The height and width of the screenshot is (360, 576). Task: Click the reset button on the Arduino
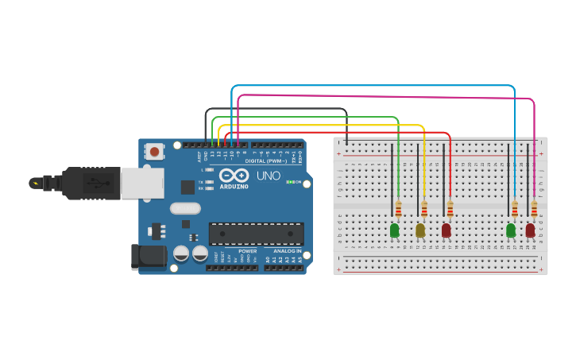(155, 150)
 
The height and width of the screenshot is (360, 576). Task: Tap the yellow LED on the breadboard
(420, 230)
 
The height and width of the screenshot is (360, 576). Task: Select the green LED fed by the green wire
(395, 230)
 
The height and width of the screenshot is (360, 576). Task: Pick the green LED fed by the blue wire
(511, 230)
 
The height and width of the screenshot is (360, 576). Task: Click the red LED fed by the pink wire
(530, 230)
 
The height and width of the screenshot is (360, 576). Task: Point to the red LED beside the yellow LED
(446, 230)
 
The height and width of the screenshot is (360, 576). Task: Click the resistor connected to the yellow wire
(424, 209)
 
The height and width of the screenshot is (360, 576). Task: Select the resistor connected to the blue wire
(515, 209)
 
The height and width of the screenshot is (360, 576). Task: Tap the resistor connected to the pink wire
(534, 209)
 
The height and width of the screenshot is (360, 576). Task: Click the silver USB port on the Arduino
(143, 183)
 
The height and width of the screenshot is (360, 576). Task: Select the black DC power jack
(148, 256)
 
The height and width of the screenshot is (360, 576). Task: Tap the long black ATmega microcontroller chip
(256, 234)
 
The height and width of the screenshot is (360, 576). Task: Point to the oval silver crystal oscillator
(186, 209)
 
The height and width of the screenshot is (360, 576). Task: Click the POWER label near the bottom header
(247, 251)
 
